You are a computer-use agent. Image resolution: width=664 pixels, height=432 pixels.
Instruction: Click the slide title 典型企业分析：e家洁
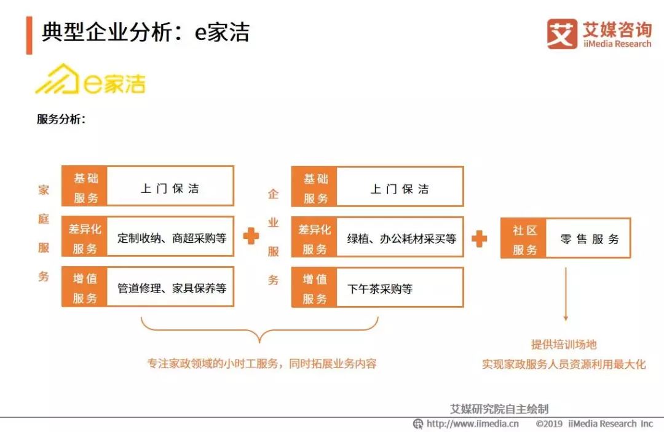coord(146,32)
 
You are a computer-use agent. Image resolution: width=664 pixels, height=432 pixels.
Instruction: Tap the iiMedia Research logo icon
coord(562,34)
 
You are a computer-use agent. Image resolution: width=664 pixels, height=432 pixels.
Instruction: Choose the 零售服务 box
coord(589,239)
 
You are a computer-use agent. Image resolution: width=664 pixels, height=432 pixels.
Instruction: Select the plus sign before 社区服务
coord(480,238)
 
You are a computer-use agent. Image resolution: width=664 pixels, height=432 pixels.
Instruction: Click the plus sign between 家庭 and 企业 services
coord(251,236)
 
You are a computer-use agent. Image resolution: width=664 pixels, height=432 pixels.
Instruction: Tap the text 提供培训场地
coord(564,345)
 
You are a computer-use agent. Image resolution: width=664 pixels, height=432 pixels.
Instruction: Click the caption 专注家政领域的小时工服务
coord(261,364)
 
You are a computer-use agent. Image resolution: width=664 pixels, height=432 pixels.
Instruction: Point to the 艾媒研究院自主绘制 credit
coord(499,409)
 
